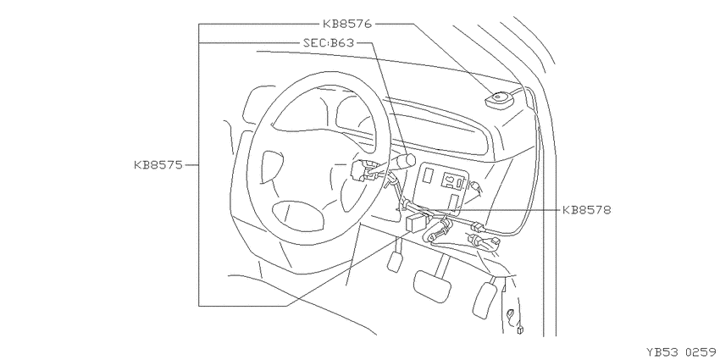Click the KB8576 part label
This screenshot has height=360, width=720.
pyautogui.click(x=347, y=24)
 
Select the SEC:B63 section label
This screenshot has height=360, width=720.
pyautogui.click(x=329, y=43)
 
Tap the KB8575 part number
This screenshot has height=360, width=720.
pyautogui.click(x=158, y=165)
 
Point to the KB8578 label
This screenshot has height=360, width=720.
pyautogui.click(x=587, y=210)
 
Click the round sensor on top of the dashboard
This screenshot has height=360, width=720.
pyautogui.click(x=498, y=101)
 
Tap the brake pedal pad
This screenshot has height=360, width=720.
pyautogui.click(x=433, y=285)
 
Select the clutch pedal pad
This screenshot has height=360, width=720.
pyautogui.click(x=395, y=261)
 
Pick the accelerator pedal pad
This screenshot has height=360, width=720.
pyautogui.click(x=485, y=299)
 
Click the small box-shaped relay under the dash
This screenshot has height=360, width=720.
pyautogui.click(x=417, y=222)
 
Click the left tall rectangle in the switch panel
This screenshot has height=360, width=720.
pyautogui.click(x=428, y=176)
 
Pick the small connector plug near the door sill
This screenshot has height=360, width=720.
pyautogui.click(x=521, y=330)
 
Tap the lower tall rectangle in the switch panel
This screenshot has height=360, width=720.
pyautogui.click(x=454, y=202)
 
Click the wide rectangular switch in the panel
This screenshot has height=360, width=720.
pyautogui.click(x=452, y=180)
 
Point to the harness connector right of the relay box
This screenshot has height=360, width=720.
pyautogui.click(x=479, y=226)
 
